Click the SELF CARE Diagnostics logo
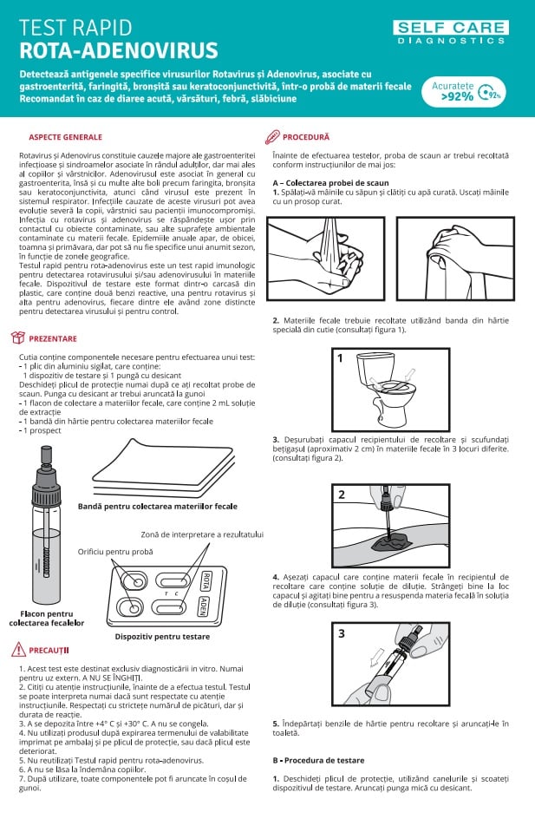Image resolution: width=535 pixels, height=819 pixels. (x=451, y=32)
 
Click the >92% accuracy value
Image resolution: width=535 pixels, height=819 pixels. (x=456, y=96)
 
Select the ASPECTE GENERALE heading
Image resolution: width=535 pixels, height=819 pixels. (x=65, y=137)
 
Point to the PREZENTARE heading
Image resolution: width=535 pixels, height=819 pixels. (x=53, y=338)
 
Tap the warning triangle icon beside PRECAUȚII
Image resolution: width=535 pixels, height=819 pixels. (x=18, y=648)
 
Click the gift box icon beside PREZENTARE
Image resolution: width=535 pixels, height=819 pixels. (x=18, y=337)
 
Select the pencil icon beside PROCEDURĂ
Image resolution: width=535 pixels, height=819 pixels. (x=271, y=136)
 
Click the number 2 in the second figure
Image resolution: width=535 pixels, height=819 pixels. (x=342, y=495)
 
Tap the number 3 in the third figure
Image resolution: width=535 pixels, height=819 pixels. (x=342, y=633)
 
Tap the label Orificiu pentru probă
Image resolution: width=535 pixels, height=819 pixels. (x=114, y=552)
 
